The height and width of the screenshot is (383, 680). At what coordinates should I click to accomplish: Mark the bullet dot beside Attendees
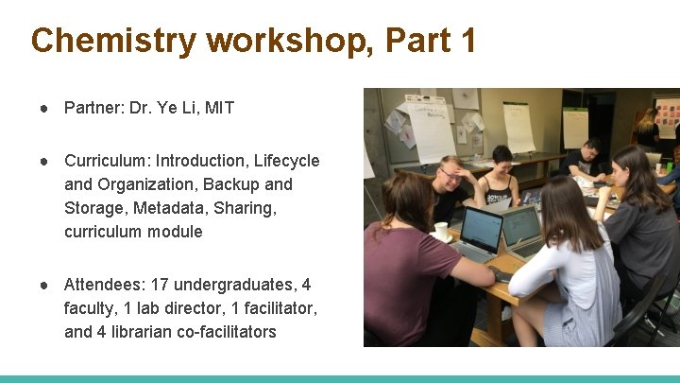(x=43, y=285)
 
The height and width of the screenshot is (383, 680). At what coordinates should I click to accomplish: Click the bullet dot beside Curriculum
(x=43, y=161)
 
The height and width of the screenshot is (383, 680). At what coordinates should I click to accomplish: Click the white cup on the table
(x=440, y=231)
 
